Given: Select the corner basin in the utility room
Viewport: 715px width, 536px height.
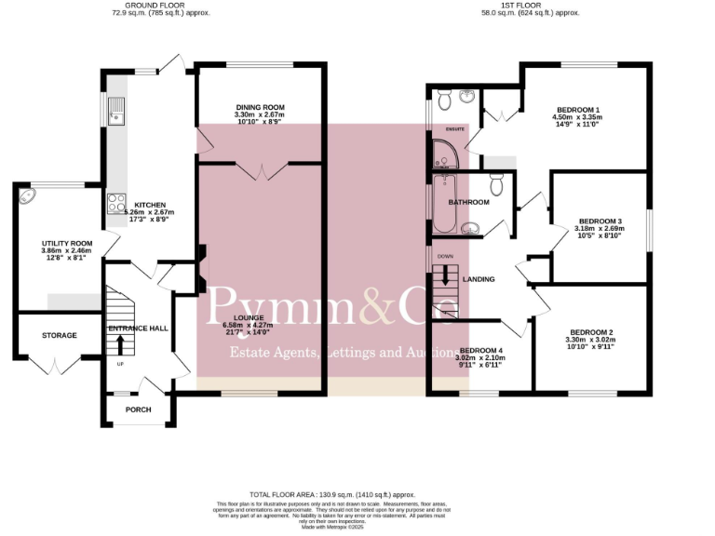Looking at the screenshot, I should (27, 197).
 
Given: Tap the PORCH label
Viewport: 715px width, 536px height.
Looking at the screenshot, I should (138, 409).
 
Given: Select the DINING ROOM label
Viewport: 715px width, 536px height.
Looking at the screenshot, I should (260, 107).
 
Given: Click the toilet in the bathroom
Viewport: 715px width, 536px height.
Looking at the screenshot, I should (496, 185).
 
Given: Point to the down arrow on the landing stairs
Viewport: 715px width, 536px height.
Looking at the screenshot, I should (445, 275).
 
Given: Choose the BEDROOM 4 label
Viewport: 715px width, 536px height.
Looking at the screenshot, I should (481, 351).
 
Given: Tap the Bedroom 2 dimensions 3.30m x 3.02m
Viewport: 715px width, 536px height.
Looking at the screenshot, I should (591, 340).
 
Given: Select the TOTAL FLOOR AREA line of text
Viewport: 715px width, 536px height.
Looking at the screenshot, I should (331, 494).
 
